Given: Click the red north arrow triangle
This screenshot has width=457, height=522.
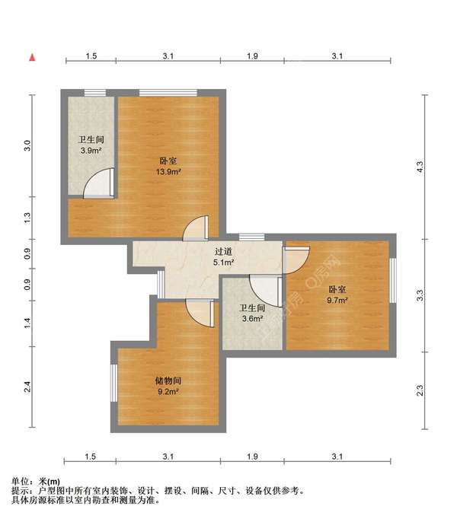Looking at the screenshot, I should (31, 57).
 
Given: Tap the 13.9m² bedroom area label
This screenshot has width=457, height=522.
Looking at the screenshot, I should (169, 172).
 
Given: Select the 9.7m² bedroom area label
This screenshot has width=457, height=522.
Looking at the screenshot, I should (337, 301).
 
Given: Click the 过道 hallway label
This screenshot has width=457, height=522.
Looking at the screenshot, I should (223, 251).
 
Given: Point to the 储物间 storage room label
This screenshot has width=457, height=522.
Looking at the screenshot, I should (168, 380).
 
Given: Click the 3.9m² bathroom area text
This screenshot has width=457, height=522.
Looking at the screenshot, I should (91, 151).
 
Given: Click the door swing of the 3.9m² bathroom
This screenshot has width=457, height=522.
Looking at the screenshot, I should (99, 184).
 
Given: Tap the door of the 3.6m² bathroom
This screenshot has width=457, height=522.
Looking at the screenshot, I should (264, 289).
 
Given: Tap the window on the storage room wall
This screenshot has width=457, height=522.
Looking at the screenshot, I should (113, 384).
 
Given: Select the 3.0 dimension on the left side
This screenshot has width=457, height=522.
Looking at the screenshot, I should (28, 145).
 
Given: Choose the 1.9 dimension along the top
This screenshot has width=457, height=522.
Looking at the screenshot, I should (253, 56).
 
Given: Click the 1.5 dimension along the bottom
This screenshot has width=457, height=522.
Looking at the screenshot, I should (90, 457).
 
